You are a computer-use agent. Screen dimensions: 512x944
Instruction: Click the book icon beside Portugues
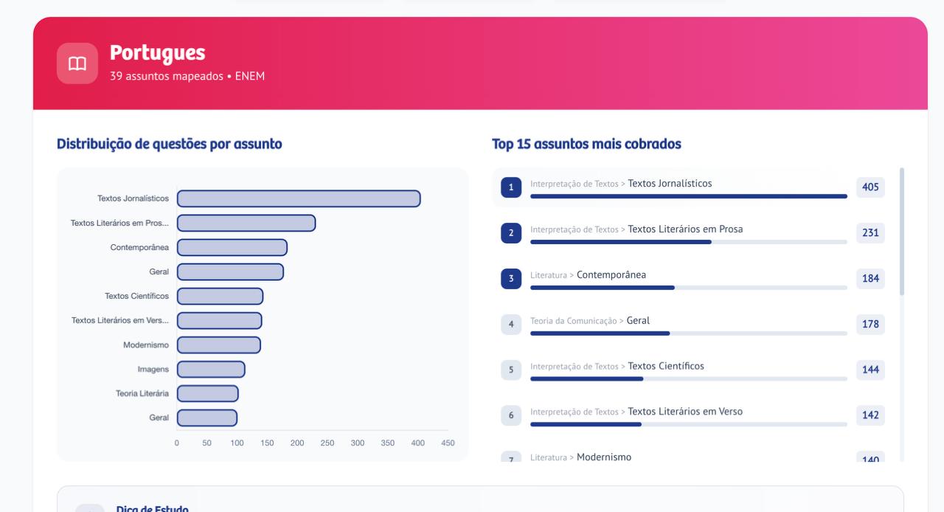pos(77,63)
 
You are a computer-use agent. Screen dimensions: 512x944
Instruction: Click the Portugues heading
pos(157,53)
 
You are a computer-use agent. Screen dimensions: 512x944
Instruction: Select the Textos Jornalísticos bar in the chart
pos(298,198)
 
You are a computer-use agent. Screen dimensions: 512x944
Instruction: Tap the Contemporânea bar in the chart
pos(232,247)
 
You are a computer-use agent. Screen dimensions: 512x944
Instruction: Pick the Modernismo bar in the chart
pos(218,345)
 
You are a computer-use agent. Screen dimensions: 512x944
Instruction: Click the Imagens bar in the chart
pos(210,369)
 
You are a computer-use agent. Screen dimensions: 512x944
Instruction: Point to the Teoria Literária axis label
pos(142,393)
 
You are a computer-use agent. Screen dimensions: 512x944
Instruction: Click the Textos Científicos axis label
pos(136,296)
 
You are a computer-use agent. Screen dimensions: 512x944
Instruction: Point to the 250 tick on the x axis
pos(327,443)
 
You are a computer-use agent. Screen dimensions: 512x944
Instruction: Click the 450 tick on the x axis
pos(448,443)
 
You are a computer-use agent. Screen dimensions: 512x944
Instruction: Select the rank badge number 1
pos(510,187)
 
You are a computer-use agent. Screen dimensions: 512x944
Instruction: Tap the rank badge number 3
pos(510,279)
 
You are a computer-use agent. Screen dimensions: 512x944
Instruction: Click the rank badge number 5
pos(510,370)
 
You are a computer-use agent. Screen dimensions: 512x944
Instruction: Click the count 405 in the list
pos(870,187)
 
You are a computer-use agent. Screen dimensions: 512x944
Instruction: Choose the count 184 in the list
pos(870,279)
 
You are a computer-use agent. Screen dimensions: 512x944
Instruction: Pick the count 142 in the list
pos(870,415)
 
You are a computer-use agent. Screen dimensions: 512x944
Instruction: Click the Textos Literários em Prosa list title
pos(685,229)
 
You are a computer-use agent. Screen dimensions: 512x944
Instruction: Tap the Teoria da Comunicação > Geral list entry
pos(590,321)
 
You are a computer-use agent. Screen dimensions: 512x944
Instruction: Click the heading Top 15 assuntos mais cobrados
pos(586,145)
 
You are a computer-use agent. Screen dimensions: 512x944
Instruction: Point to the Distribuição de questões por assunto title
pos(169,145)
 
